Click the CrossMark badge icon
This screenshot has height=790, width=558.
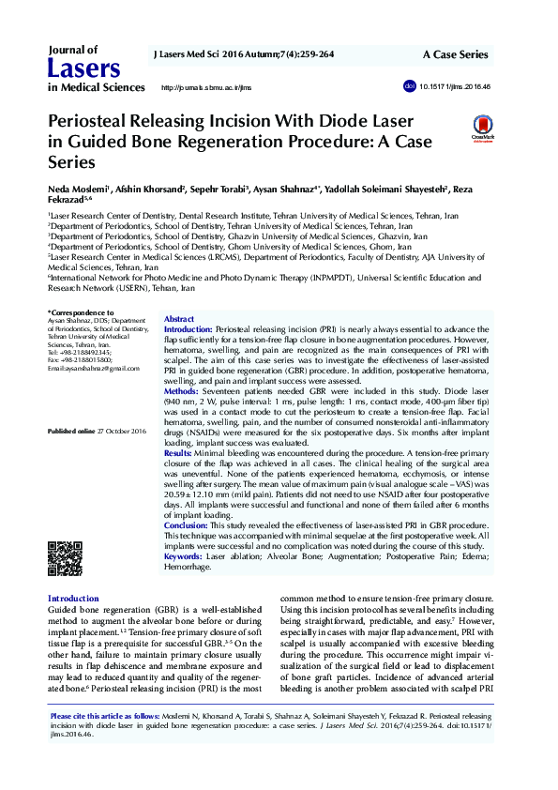[483, 128]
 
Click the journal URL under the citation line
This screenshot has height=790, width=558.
[207, 87]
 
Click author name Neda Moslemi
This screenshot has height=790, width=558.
[78, 190]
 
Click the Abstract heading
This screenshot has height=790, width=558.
[179, 320]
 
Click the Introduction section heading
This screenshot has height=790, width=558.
[72, 599]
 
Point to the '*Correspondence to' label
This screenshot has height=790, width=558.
[81, 312]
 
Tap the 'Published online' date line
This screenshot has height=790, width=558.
[98, 431]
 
